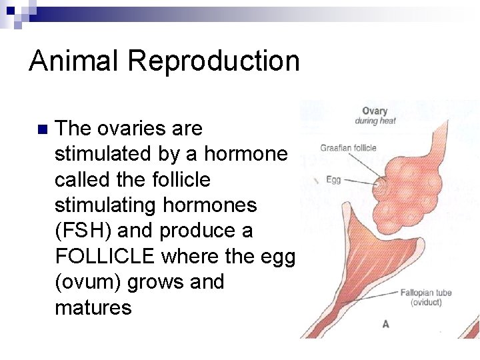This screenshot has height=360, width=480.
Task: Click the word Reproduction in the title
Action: tap(213, 61)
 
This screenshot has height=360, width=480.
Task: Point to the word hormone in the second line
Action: tap(245, 154)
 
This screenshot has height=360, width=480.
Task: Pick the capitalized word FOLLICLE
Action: tap(105, 257)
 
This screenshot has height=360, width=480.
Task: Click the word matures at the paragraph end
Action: tap(93, 307)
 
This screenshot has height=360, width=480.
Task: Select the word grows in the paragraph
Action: tap(160, 282)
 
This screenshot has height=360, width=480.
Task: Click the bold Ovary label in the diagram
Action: tap(375, 111)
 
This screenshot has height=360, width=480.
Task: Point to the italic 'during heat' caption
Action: tap(375, 121)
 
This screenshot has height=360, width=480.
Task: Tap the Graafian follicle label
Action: tap(348, 148)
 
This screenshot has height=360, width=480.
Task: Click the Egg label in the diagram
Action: tap(333, 180)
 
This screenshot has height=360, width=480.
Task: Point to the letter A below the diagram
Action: tap(385, 324)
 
